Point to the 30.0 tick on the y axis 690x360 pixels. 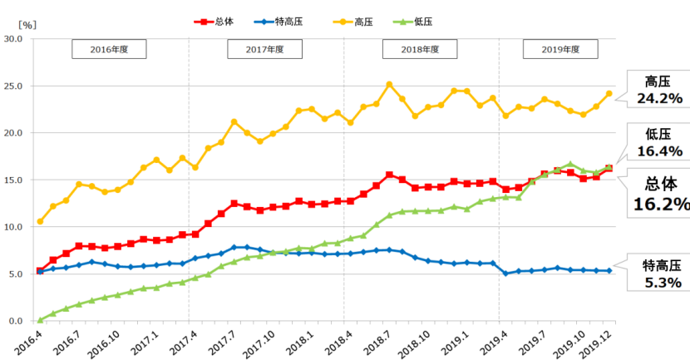click(x=13, y=39)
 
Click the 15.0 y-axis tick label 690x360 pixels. click(x=13, y=180)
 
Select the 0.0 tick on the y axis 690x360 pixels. click(x=17, y=321)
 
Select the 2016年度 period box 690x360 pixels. click(x=109, y=49)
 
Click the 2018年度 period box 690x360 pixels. click(x=421, y=49)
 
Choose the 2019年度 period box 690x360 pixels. click(x=561, y=49)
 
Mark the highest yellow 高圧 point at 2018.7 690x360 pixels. click(x=389, y=85)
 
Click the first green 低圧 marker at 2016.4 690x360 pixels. click(x=40, y=319)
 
